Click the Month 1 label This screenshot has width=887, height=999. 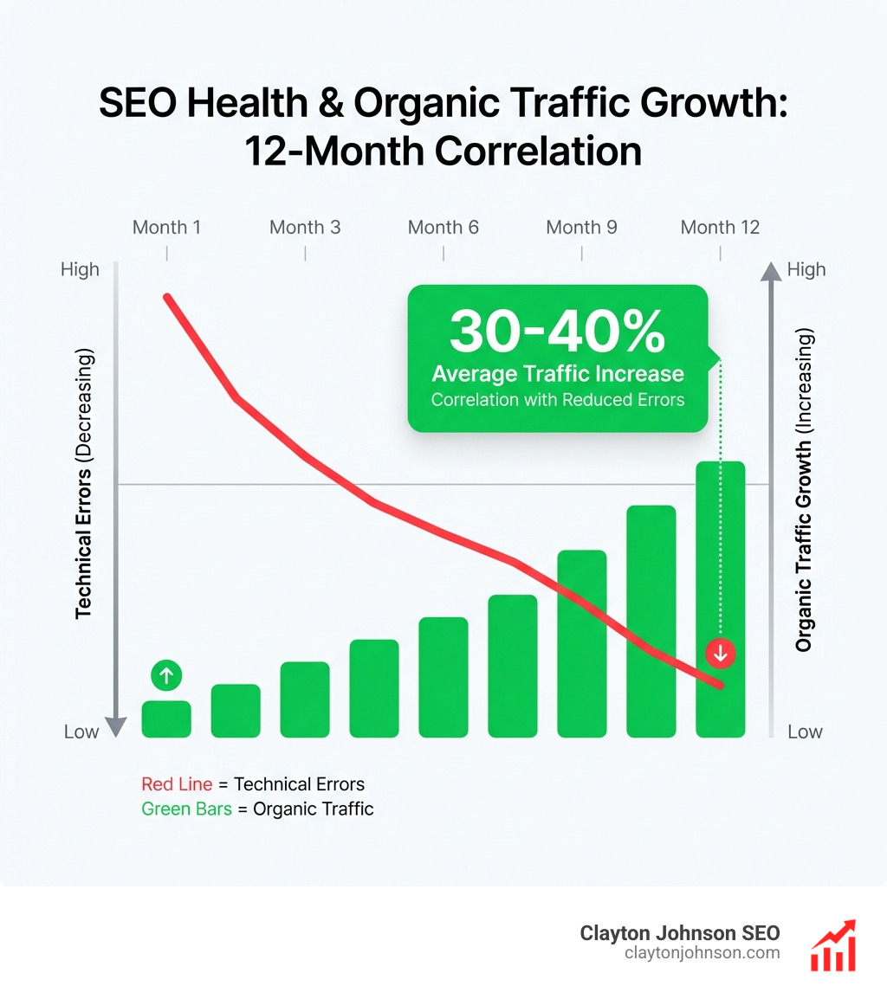click(166, 228)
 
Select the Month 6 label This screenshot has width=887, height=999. click(443, 228)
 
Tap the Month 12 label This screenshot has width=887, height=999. click(720, 228)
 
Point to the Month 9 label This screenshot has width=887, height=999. click(581, 228)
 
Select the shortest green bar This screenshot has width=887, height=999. click(166, 719)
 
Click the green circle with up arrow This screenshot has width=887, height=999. click(166, 674)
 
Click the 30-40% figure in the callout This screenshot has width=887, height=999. click(558, 332)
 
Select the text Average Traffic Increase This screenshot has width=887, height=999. click(558, 374)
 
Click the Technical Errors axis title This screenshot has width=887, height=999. click(84, 485)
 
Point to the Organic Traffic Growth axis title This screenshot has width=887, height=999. click(804, 490)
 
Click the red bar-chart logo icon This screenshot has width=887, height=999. click(832, 945)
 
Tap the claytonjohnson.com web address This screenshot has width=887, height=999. click(702, 953)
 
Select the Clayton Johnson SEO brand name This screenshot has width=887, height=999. click(680, 933)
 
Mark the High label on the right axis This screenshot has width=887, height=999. click(806, 270)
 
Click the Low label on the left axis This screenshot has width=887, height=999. click(81, 732)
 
